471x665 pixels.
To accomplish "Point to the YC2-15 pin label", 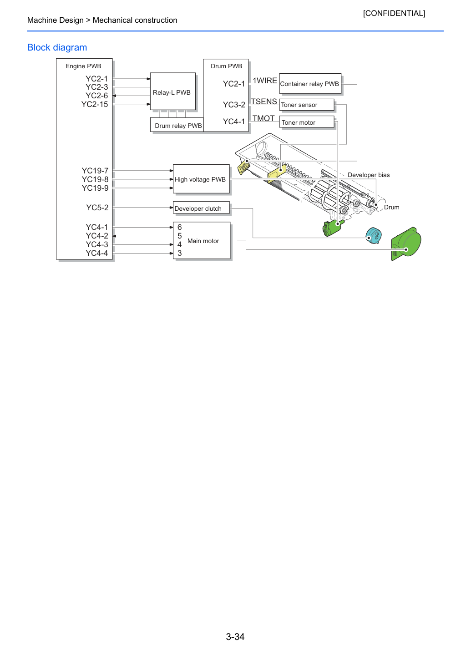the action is coord(95,104).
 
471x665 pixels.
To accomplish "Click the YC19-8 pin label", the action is coord(95,179).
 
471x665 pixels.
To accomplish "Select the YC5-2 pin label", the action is coord(97,208).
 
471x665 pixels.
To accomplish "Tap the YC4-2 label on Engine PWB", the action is coord(97,236).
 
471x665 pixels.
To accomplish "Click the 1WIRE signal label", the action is coord(265,81).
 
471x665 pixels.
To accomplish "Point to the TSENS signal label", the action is coord(264,102).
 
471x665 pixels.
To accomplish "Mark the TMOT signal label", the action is coord(263,118).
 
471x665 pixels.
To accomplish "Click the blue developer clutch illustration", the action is coord(374,236).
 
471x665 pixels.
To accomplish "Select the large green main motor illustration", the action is coord(406,244).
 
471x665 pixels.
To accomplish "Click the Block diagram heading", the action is coord(57,47).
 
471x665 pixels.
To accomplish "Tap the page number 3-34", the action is coord(235,636).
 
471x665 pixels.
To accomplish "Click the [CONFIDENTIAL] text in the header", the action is coord(394,13).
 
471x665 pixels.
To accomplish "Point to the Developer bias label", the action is coord(369,175).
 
